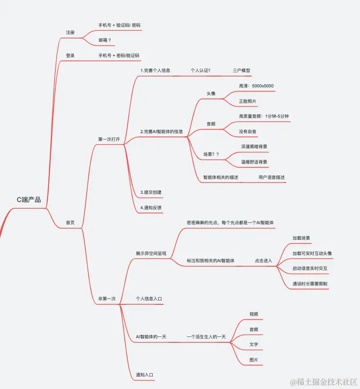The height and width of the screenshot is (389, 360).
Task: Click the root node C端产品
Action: (x=29, y=199)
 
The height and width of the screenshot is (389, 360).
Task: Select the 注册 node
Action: (x=70, y=33)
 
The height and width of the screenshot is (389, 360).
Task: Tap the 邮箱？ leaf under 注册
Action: (x=105, y=40)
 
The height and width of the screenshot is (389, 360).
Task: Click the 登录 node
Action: (x=70, y=56)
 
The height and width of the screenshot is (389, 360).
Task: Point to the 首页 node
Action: (x=70, y=222)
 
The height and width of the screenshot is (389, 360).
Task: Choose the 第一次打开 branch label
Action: (x=109, y=139)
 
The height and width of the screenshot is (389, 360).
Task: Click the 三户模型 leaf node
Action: (x=242, y=70)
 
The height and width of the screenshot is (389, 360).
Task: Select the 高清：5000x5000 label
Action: (x=256, y=86)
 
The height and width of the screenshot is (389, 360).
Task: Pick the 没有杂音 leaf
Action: (x=248, y=131)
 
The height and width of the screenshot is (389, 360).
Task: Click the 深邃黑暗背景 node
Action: (x=254, y=147)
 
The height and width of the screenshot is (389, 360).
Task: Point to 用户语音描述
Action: (x=272, y=177)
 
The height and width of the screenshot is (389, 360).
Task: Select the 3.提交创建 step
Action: (x=151, y=192)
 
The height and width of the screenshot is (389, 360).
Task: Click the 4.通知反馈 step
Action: (x=151, y=207)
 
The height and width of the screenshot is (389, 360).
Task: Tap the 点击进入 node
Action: (x=263, y=260)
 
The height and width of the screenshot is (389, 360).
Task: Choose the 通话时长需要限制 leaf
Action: (x=310, y=283)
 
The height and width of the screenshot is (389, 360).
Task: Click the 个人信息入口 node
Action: (x=149, y=299)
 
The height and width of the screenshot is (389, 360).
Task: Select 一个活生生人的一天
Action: (x=206, y=337)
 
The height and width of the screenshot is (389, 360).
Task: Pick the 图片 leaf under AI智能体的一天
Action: (x=254, y=360)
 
